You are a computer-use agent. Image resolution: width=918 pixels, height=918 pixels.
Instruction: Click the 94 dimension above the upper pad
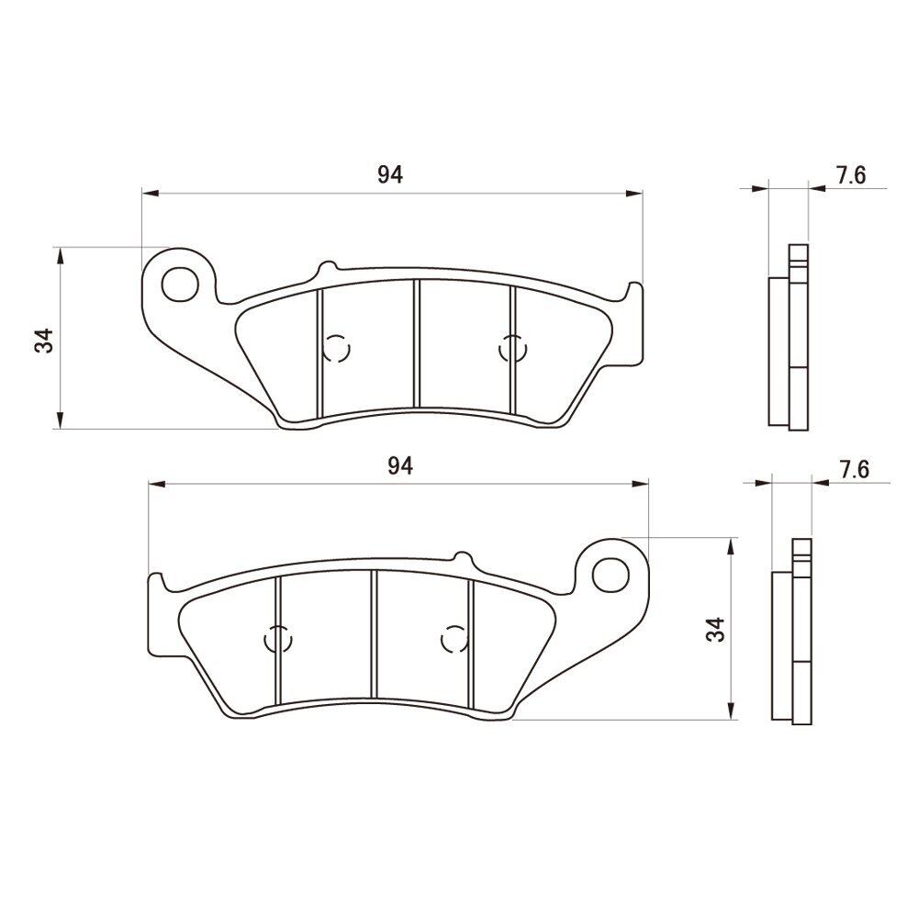[390, 174]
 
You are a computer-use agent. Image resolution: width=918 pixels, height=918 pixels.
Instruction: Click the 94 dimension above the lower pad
[400, 466]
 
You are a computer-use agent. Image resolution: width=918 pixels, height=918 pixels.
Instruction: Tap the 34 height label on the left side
[44, 341]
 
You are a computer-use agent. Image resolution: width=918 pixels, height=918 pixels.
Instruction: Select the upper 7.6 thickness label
[850, 175]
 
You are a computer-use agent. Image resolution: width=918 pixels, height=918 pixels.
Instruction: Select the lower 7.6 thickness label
[854, 469]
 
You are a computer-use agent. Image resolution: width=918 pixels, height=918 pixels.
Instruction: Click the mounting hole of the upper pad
[180, 284]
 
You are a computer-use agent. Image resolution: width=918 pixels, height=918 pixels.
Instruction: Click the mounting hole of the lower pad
[610, 575]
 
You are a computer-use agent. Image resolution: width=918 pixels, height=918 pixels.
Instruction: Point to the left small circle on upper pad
[337, 349]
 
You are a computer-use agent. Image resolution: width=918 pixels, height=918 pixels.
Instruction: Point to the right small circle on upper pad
[513, 349]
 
